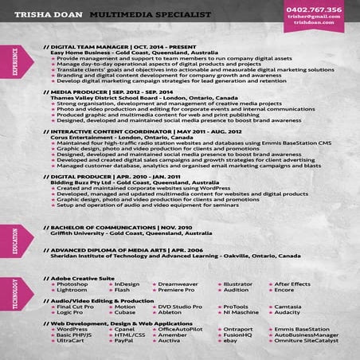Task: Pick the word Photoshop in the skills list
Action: click(x=72, y=284)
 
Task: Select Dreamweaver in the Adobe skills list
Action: click(x=178, y=284)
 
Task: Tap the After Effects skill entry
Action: click(x=292, y=284)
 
